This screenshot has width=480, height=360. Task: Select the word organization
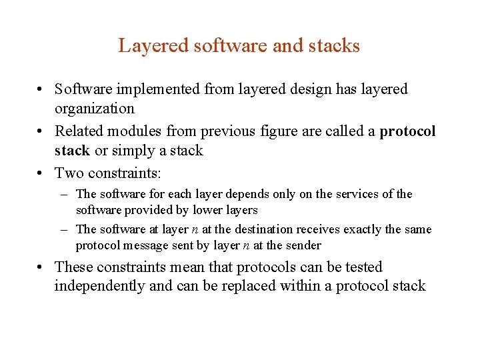tap(95, 109)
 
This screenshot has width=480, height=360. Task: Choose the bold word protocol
tap(407, 131)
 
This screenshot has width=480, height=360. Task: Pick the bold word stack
tap(72, 151)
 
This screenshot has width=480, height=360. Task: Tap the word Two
tap(68, 173)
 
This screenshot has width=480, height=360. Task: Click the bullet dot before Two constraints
tap(41, 173)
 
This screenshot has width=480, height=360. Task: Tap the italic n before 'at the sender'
tap(246, 245)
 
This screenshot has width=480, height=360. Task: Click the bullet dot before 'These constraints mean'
tap(41, 267)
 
